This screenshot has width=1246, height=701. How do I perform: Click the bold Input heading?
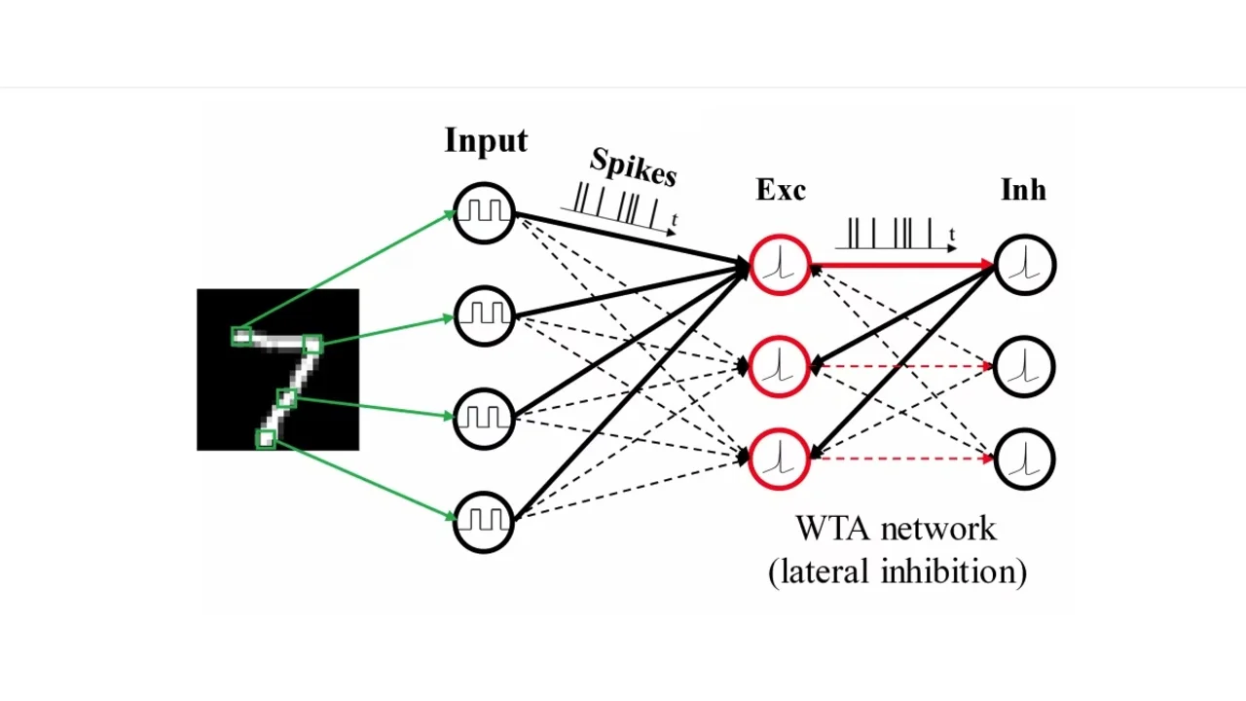pos(486,141)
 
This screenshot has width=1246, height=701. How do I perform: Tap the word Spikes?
pos(633,167)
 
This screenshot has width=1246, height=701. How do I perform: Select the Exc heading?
pos(781,190)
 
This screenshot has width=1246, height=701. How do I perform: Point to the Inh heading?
pos(1023,190)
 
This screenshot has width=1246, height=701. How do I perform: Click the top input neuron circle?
pos(484,212)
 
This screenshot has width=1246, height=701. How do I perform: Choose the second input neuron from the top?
pos(484,314)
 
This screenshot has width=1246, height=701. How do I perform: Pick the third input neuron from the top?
pos(484,418)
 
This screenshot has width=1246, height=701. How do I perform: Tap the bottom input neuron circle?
pos(484,521)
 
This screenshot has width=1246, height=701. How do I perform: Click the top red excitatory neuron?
pos(780,264)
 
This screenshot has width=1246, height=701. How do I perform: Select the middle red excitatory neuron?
pos(780,366)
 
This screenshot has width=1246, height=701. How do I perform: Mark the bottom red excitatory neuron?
pos(780,459)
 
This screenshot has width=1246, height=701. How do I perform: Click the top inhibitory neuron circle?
pos(1025,264)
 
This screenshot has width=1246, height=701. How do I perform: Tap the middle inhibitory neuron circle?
pos(1025,366)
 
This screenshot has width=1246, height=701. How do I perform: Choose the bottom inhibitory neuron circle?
pos(1025,459)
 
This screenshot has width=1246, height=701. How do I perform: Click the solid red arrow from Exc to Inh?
pos(900,264)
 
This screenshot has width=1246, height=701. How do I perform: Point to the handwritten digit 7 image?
pos(277,370)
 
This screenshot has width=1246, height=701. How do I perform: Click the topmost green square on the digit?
pos(241,337)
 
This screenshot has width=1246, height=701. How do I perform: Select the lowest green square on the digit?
pos(265,439)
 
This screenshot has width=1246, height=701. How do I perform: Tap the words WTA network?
pos(896,529)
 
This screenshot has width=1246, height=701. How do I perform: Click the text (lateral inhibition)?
pos(897,572)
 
